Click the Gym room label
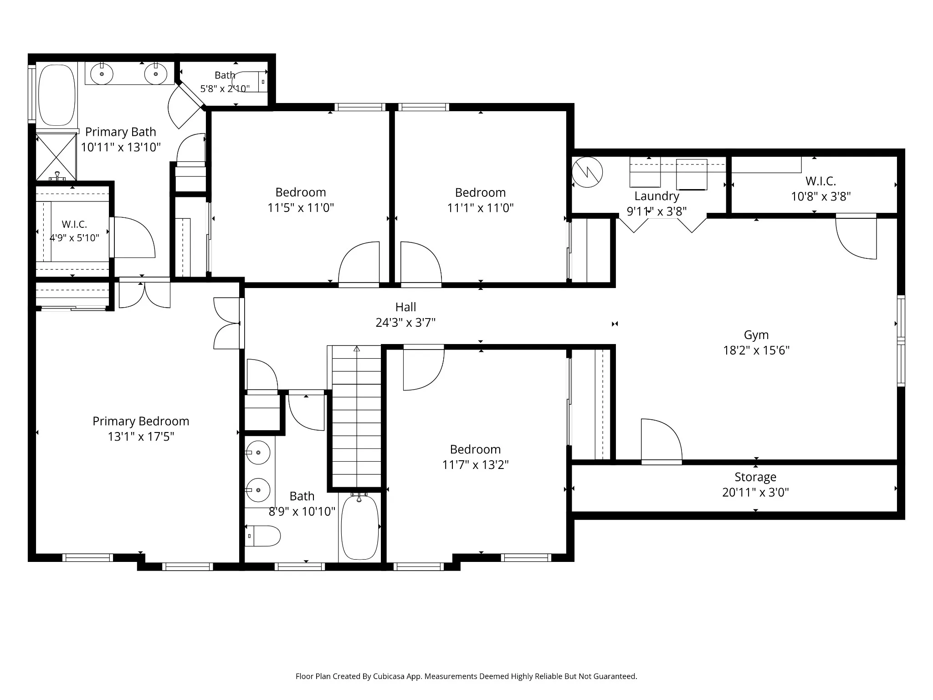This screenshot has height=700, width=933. pos(756,335)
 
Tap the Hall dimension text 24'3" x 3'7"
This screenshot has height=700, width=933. pos(405,323)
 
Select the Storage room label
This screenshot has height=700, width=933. pos(755,477)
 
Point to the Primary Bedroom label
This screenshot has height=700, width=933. pos(141,422)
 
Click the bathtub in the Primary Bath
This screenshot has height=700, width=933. pos(57,95)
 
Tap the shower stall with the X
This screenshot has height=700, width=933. pos(56,156)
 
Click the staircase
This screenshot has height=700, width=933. pos(356,417)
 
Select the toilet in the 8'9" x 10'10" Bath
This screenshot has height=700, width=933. pos(263,536)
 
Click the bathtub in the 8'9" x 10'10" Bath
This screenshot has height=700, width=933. pos(360,527)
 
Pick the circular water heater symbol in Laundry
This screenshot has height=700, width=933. pos(587,172)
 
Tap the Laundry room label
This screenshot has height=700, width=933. pos(657,196)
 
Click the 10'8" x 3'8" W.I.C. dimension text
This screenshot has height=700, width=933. pos(821,196)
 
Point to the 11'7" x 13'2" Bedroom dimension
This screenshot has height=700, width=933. pos(475,465)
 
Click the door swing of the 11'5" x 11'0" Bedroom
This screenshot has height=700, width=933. pos(359,263)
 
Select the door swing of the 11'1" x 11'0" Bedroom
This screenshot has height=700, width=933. pos(421,263)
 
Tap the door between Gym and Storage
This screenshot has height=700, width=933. pos(661,440)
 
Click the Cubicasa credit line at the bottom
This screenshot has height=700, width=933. pos(466,676)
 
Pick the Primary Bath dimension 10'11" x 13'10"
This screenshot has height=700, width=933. pos(121,147)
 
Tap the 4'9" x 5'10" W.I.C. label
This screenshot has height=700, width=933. pos(74,238)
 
